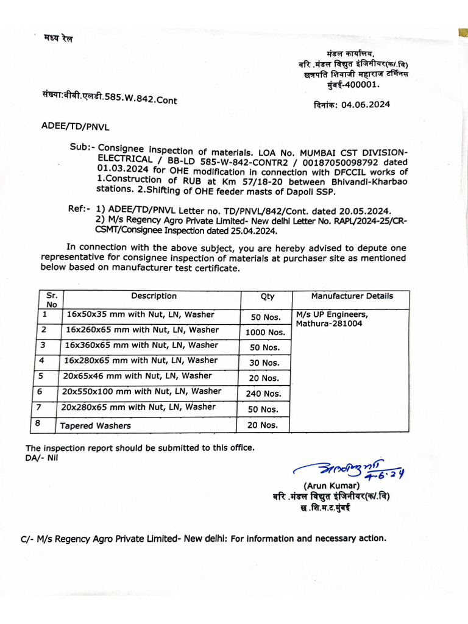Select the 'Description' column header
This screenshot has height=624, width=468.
[x=154, y=296]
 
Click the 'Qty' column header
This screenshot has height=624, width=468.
[x=268, y=297]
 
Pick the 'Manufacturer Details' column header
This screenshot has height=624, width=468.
[x=352, y=296]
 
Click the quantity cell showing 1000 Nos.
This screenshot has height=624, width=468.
[x=265, y=332]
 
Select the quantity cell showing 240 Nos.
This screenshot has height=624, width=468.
[x=263, y=394]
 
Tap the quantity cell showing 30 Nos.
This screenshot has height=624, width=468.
[x=264, y=363]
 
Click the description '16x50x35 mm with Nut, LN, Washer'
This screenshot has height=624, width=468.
[x=140, y=314]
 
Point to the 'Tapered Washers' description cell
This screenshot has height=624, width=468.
[x=95, y=425]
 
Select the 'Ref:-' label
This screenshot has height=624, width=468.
[x=80, y=210]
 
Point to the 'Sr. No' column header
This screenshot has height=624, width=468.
[x=52, y=300]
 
